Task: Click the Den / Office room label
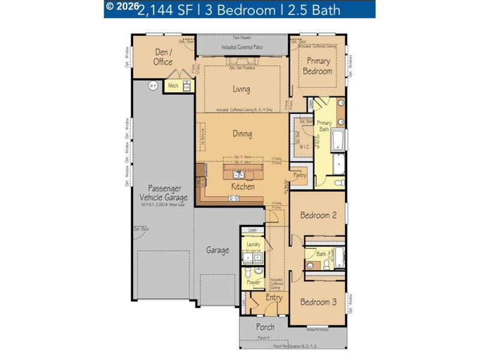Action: [x=163, y=57]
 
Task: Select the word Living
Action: [x=242, y=89]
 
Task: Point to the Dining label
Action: [x=242, y=134]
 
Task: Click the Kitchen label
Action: [x=243, y=187]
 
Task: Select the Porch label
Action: [x=265, y=327]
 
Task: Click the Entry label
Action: [x=274, y=298]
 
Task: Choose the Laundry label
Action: [x=253, y=245]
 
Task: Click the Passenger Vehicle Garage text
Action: [x=164, y=193]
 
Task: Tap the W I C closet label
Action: [x=304, y=146]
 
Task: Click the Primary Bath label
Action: [x=325, y=126]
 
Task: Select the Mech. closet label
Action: [x=173, y=86]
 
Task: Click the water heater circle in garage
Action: [x=152, y=86]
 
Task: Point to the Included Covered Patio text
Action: [x=242, y=46]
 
